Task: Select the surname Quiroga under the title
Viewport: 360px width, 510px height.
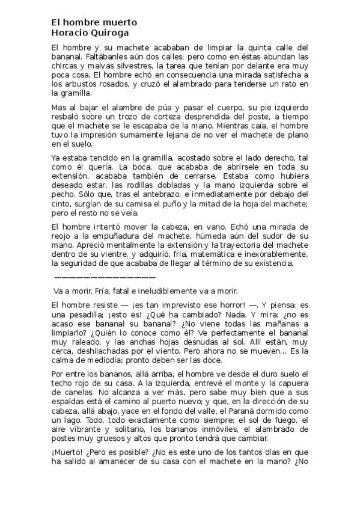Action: (x=110, y=33)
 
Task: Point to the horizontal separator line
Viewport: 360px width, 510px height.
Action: (x=105, y=277)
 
